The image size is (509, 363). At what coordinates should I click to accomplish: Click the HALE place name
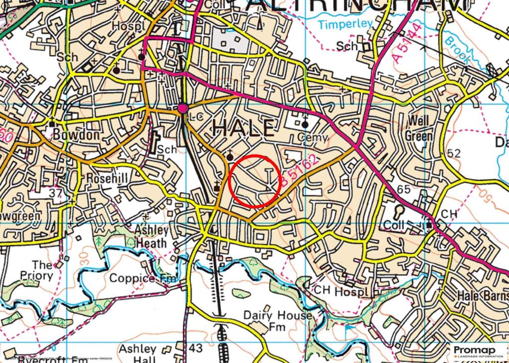244,129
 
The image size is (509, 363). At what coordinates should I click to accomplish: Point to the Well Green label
419,128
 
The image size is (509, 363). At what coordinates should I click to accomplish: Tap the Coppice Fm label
143,278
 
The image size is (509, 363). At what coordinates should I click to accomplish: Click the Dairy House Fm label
277,321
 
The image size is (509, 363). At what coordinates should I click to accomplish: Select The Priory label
42,270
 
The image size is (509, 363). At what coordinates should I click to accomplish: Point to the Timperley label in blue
339,24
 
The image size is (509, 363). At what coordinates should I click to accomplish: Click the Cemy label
313,138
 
